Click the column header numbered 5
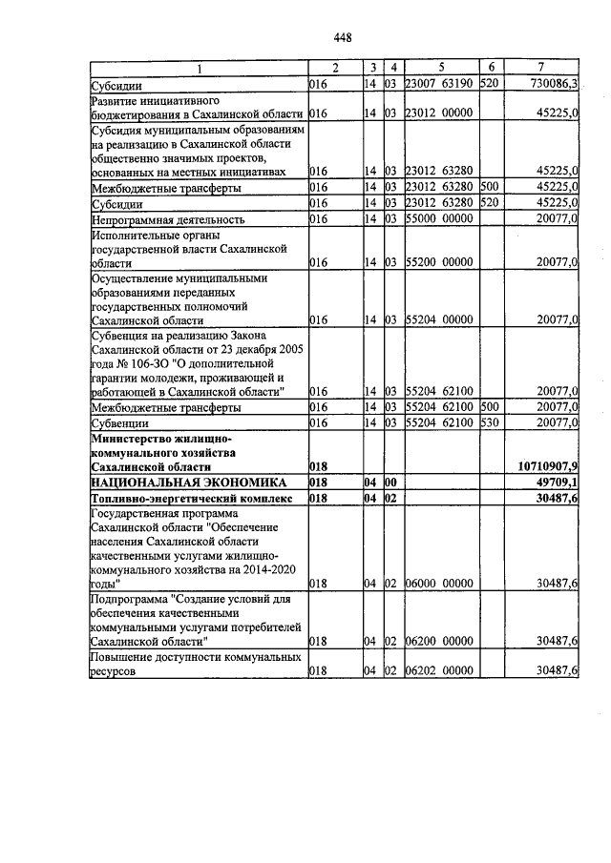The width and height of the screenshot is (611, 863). pyautogui.click(x=441, y=68)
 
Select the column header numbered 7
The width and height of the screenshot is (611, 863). pyautogui.click(x=541, y=68)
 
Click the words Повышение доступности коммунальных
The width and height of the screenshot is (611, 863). pyautogui.click(x=196, y=658)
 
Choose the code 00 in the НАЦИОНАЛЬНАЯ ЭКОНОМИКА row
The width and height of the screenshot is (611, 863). pyautogui.click(x=390, y=483)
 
